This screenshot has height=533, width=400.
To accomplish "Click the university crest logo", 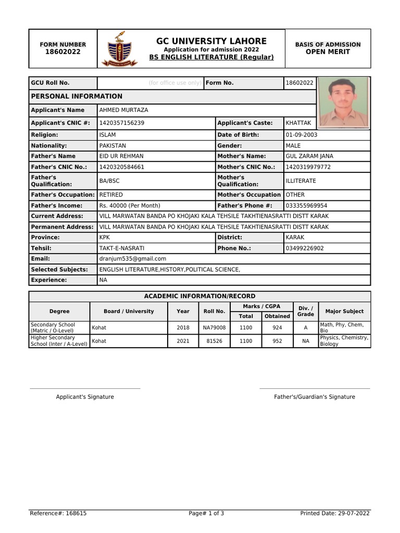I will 123,48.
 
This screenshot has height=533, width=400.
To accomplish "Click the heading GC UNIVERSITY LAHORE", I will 211,41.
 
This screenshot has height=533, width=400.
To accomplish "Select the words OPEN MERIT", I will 328,52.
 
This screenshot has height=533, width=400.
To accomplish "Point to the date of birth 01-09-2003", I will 302,135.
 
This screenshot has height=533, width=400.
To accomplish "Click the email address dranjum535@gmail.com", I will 133,259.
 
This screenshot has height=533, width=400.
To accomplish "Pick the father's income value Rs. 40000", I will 130,206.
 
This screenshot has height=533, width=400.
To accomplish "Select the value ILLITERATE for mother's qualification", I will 301,181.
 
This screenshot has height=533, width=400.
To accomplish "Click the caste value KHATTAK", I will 298,123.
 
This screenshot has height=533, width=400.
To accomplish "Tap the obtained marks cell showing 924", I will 277,328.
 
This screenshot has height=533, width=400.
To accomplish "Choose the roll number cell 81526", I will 214,341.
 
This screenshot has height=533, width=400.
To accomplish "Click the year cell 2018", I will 183,328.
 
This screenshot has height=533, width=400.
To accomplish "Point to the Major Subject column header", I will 344,311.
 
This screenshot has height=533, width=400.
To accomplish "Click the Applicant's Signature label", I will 85,397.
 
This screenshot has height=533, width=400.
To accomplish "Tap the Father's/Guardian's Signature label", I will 315,397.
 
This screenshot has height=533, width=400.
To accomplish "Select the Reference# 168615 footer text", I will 58,513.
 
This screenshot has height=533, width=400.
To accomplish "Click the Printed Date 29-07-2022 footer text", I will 335,513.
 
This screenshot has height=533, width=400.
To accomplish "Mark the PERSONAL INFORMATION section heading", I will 77,96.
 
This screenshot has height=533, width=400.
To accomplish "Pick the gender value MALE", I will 293,146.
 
